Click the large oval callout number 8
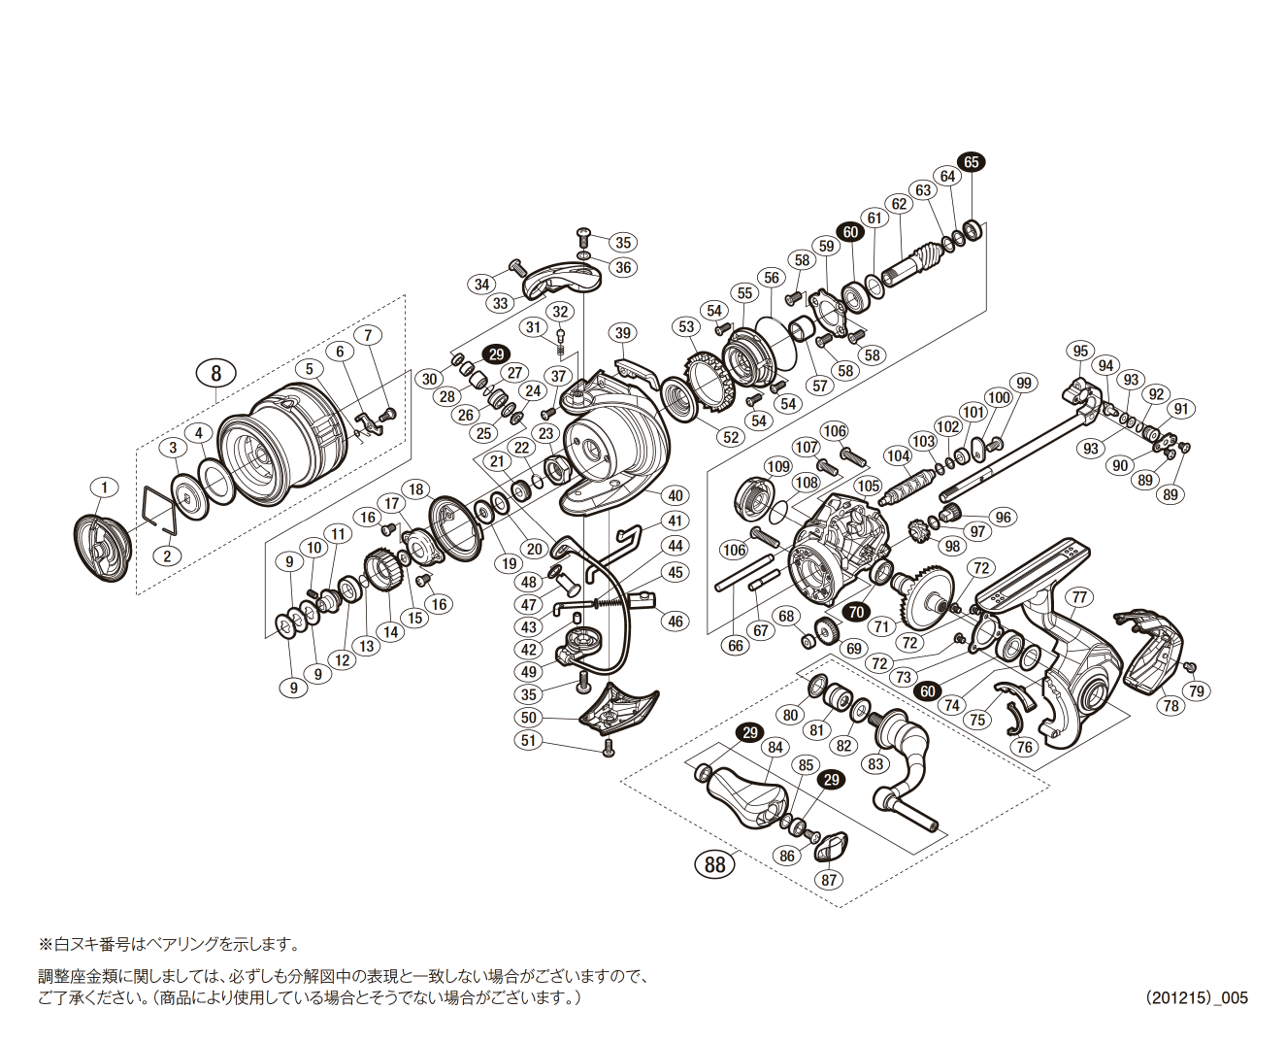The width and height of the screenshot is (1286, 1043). click(x=215, y=373)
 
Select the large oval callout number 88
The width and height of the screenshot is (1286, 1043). click(x=715, y=863)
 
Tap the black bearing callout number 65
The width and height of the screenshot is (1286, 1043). click(x=970, y=162)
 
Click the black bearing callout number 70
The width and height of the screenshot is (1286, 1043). click(x=856, y=612)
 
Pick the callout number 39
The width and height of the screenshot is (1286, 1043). click(x=622, y=333)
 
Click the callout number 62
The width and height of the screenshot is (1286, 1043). click(x=899, y=204)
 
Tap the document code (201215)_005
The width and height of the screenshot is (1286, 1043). click(x=1196, y=997)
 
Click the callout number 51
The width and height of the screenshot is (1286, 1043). click(x=528, y=740)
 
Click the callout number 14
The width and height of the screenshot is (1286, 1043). click(x=390, y=631)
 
